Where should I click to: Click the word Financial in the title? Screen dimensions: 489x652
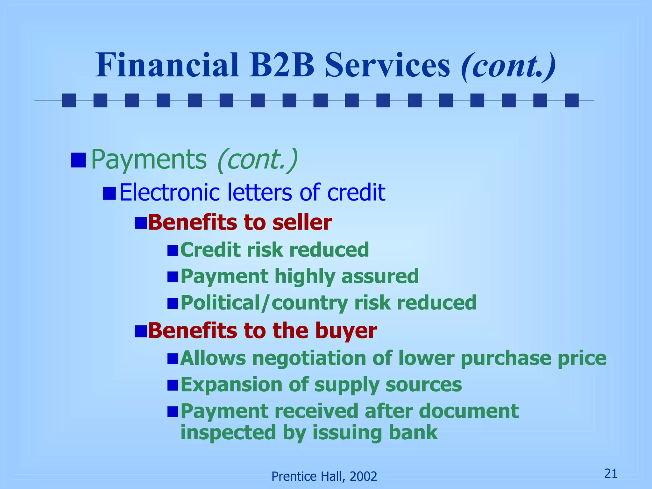pos(167,65)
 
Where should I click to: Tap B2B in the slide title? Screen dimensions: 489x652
pos(282,65)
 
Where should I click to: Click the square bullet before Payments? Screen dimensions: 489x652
pos(78,160)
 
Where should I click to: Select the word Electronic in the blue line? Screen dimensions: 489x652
pos(170,192)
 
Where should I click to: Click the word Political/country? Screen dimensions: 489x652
pos(264,303)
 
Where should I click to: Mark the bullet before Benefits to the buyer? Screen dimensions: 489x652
pos(141,331)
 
